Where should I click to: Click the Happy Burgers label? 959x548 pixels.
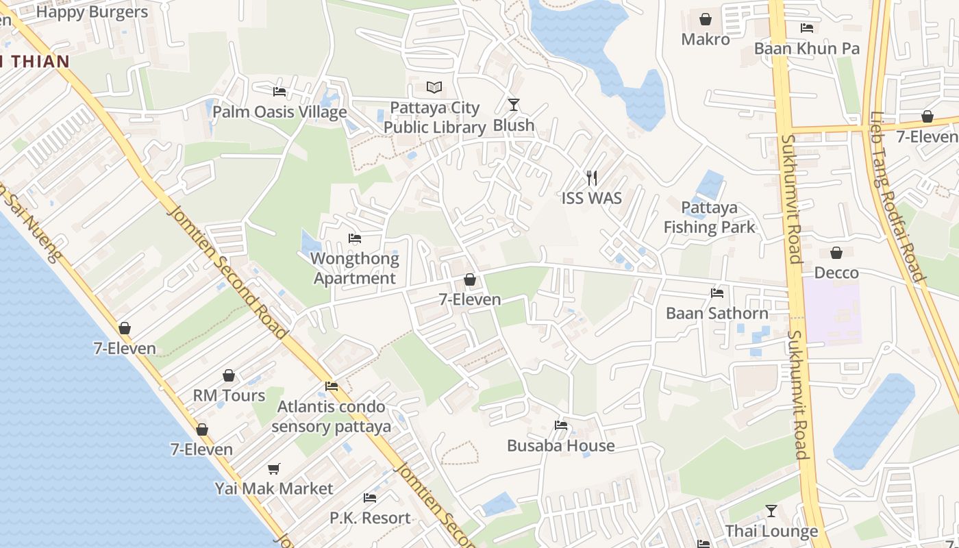[92, 12]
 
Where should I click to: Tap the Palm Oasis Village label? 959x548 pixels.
[279, 112]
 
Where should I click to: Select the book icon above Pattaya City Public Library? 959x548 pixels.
[434, 87]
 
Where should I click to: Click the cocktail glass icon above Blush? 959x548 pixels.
[514, 105]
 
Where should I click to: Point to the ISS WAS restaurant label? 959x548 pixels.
[592, 199]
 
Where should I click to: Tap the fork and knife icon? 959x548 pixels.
[592, 178]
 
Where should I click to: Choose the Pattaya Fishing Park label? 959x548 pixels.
[709, 217]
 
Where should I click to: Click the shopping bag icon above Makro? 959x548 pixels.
[706, 19]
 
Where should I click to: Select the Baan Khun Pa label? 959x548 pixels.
[807, 49]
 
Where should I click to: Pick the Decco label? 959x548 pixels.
[836, 273]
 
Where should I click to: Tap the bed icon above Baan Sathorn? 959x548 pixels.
[717, 293]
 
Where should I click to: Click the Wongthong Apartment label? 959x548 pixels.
[355, 269]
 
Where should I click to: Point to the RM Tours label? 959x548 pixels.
[229, 396]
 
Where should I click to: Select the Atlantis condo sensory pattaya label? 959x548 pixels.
[332, 416]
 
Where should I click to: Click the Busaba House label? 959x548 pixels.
[561, 446]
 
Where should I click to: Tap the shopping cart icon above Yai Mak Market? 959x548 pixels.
[274, 469]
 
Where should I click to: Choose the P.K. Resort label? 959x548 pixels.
[371, 518]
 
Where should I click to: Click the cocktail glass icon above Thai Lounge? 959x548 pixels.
[771, 511]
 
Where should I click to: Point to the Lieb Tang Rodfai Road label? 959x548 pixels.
[897, 197]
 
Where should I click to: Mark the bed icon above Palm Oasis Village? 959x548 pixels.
[279, 91]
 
